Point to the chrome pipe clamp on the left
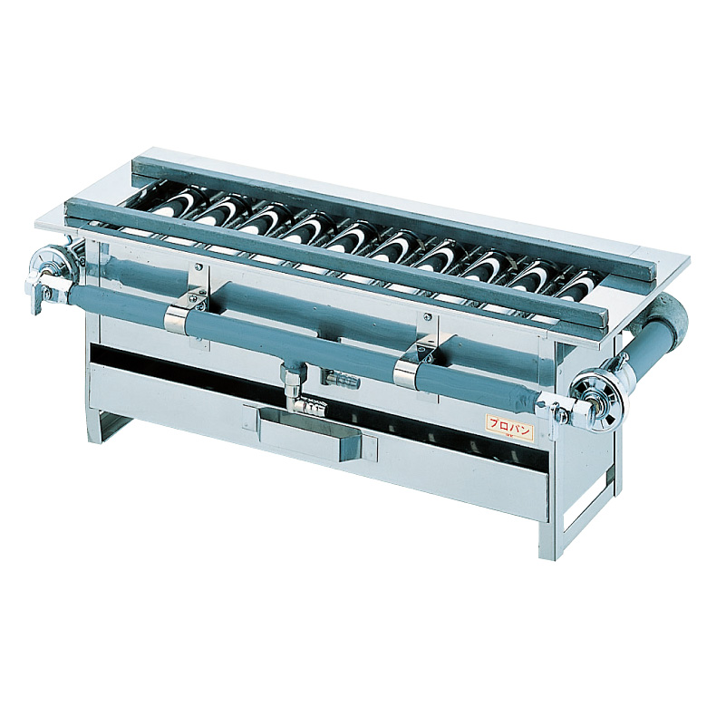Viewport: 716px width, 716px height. point(179,315)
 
